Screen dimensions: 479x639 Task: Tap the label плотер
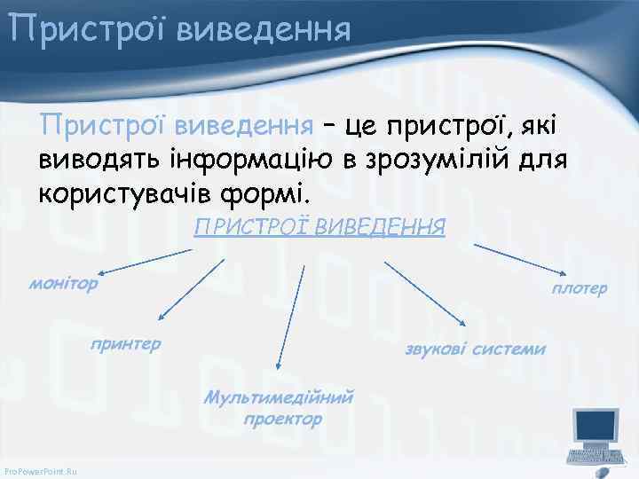pos(580,288)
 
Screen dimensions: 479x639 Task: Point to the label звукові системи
pos(475,349)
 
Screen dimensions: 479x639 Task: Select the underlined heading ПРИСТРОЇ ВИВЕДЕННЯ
pos(319,226)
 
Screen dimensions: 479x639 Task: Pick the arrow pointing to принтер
pos(191,289)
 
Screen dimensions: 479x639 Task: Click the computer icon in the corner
pos(596,436)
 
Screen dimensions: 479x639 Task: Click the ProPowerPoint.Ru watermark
pos(40,470)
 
